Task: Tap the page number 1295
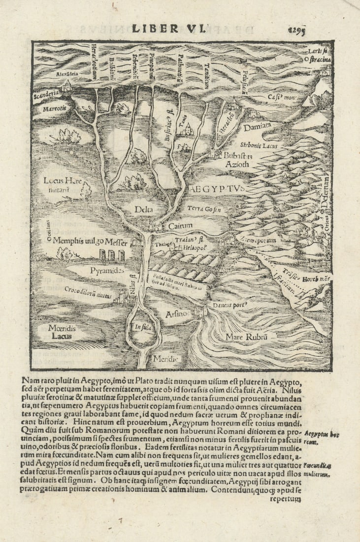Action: (x=296, y=31)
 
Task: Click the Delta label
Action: (x=144, y=209)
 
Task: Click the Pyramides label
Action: (x=106, y=271)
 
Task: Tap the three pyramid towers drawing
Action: (x=112, y=255)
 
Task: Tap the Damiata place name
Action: (x=257, y=126)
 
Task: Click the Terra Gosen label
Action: (x=204, y=209)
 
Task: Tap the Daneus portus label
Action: (x=230, y=305)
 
